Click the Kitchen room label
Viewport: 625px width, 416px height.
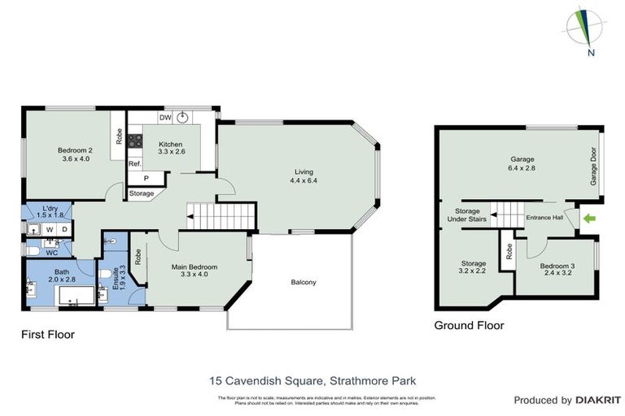pos(170,148)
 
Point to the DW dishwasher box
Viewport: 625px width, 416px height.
pos(165,118)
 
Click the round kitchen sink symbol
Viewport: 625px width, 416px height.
pos(183,117)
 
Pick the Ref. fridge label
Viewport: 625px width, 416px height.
pos(135,163)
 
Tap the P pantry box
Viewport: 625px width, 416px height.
pos(146,178)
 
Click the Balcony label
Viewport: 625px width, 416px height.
pos(304,282)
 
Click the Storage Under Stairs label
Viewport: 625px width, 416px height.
pos(461,215)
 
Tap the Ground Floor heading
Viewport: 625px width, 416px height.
pos(469,326)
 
